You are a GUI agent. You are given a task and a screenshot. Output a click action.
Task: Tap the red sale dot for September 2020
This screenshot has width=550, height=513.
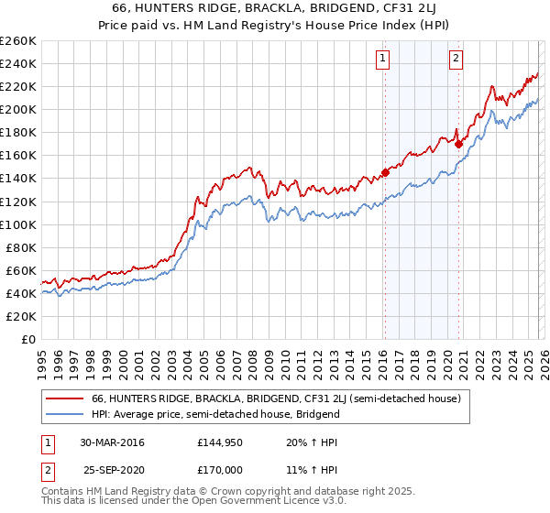458,143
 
